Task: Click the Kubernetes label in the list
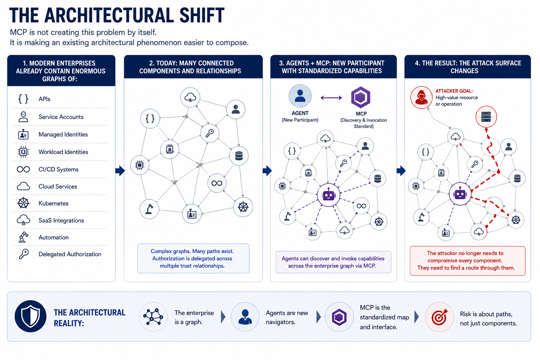click(53, 203)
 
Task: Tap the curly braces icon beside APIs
click(23, 99)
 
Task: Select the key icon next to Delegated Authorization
click(24, 254)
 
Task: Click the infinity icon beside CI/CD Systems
click(24, 169)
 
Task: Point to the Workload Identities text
click(63, 152)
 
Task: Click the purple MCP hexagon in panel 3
click(361, 97)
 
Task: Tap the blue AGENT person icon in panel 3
click(300, 96)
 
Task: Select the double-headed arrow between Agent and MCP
click(331, 98)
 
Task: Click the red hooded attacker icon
click(422, 97)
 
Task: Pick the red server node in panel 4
click(486, 117)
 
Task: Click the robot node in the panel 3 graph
click(329, 195)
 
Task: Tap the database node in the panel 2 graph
click(239, 156)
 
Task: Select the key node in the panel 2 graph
click(210, 133)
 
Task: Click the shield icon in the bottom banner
click(30, 316)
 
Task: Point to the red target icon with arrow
click(439, 317)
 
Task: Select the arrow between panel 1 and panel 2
click(120, 171)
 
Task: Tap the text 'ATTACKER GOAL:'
click(454, 91)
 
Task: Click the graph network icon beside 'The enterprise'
click(153, 317)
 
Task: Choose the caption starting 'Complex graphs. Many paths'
click(192, 258)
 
